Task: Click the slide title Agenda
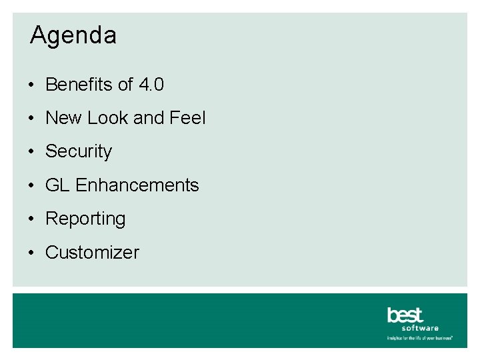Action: [x=73, y=35]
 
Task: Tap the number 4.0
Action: [x=152, y=85]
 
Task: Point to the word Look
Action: [x=107, y=118]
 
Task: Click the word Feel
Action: [x=187, y=118]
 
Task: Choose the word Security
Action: [x=79, y=152]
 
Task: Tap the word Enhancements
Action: [x=137, y=185]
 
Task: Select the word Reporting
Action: [x=85, y=219]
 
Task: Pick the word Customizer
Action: [x=92, y=253]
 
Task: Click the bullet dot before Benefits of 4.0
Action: [x=32, y=85]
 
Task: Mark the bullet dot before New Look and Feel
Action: [x=32, y=119]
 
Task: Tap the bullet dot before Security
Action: [x=32, y=152]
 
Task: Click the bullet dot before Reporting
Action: [x=32, y=219]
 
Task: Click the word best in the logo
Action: [x=405, y=315]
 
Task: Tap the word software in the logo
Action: [x=420, y=328]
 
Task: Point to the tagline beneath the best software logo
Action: [x=420, y=338]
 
